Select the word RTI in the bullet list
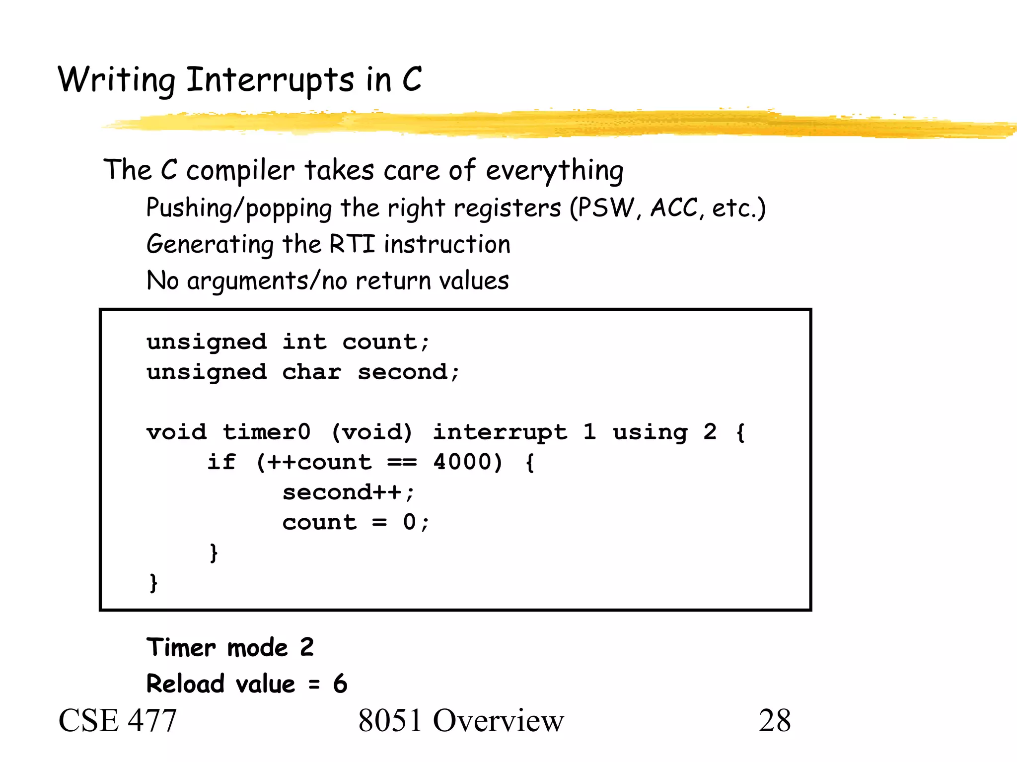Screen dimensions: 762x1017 pyautogui.click(x=352, y=244)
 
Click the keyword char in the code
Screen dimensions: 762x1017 pyautogui.click(x=311, y=372)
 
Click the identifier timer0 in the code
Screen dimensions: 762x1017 pyautogui.click(x=266, y=432)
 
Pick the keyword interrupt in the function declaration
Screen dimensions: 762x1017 pyautogui.click(x=500, y=432)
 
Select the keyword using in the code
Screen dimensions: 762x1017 pyautogui.click(x=650, y=432)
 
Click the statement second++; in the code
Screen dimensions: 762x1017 pyautogui.click(x=348, y=492)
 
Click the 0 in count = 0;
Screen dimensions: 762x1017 pyautogui.click(x=409, y=522)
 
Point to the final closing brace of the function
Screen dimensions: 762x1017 pyautogui.click(x=153, y=582)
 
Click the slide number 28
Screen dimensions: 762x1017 pyautogui.click(x=774, y=720)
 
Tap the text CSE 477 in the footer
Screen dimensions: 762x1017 pyautogui.click(x=117, y=720)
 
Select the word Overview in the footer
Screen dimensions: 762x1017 pyautogui.click(x=498, y=720)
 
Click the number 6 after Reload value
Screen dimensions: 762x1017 pyautogui.click(x=340, y=684)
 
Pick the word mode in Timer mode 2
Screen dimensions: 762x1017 pyautogui.click(x=257, y=648)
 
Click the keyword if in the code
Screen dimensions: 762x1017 pyautogui.click(x=221, y=462)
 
